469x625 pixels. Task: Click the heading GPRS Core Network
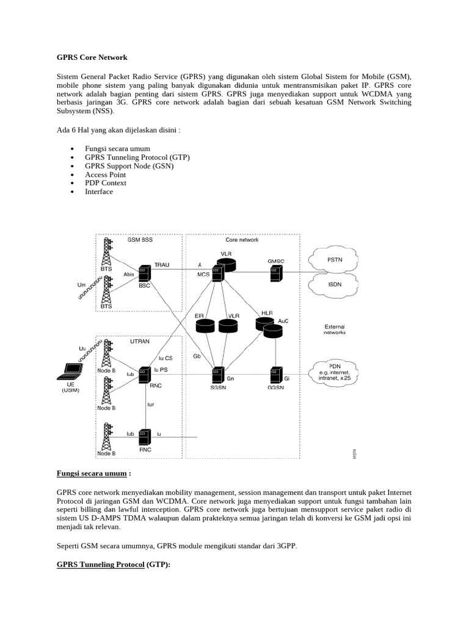(x=92, y=57)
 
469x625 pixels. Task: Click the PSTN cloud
(x=335, y=260)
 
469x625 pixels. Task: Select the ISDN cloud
(x=335, y=284)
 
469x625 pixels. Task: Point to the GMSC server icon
(x=276, y=273)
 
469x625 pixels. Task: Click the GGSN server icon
(x=276, y=374)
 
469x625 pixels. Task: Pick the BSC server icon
(x=144, y=273)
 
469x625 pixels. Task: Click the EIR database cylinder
(x=204, y=327)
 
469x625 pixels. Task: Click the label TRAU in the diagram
(x=162, y=265)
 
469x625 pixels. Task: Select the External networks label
(x=335, y=330)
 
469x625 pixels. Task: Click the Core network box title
(x=242, y=240)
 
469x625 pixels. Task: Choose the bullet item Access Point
(x=105, y=175)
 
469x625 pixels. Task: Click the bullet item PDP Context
(x=106, y=183)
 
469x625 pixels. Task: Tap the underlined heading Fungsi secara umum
(x=92, y=474)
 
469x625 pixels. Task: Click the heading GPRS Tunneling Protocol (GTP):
(x=113, y=565)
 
